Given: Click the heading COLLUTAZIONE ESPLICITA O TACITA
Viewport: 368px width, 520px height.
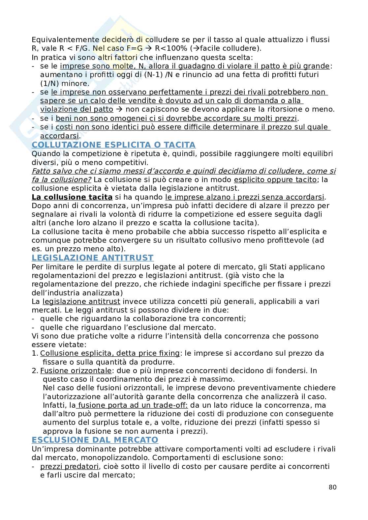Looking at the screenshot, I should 113,145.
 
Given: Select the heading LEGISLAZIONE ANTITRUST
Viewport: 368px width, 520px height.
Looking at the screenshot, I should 93,258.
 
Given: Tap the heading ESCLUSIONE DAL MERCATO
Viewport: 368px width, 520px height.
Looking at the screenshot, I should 95,440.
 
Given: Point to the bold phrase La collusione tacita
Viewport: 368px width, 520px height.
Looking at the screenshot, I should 72,197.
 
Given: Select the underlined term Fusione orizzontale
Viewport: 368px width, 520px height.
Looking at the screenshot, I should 76,370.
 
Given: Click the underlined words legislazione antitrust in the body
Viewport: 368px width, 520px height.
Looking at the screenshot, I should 81,301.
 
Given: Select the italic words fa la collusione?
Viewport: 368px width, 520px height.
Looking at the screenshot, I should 62,180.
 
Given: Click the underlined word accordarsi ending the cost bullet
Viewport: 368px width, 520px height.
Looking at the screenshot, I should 59,136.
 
